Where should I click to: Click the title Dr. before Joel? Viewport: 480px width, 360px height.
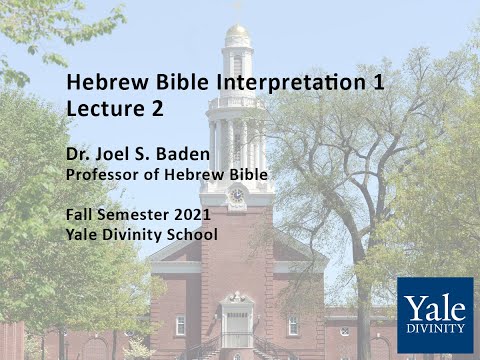coord(80,156)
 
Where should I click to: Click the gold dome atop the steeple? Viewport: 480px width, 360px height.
coord(237,34)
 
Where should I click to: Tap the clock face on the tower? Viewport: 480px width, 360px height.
coord(237,194)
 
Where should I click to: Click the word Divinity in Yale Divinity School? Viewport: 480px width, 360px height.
coord(133,235)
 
